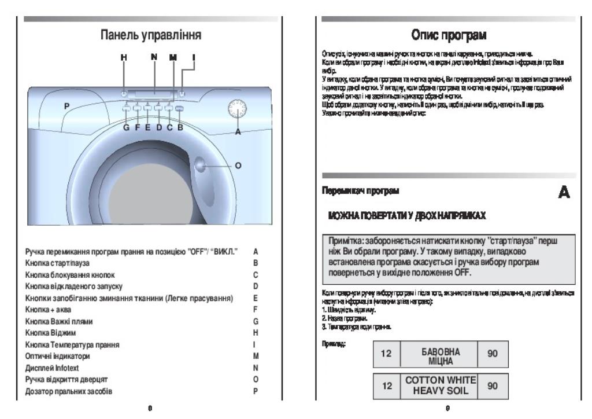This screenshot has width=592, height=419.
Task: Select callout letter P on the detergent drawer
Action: coord(66,106)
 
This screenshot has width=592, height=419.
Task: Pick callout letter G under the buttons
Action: coord(125,128)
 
